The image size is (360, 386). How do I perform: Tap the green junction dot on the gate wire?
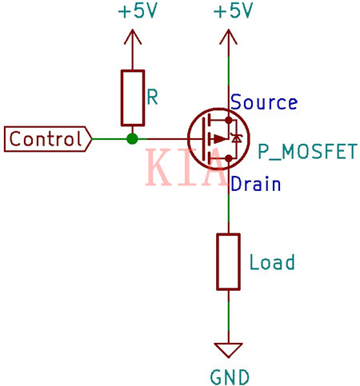click(132, 139)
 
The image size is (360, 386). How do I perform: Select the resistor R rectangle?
click(132, 97)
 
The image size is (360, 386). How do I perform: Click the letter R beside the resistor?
click(152, 97)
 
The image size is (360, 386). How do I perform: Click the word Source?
click(264, 103)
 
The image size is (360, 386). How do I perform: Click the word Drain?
click(255, 185)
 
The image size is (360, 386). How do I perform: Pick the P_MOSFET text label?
click(306, 151)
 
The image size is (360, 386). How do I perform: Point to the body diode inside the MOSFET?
click(235, 139)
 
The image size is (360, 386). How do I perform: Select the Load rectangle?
click(229, 261)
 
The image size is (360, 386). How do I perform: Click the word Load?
click(272, 262)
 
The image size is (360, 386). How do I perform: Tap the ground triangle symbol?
click(229, 350)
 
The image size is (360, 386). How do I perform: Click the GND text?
click(230, 376)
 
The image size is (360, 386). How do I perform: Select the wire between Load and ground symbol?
click(229, 316)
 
